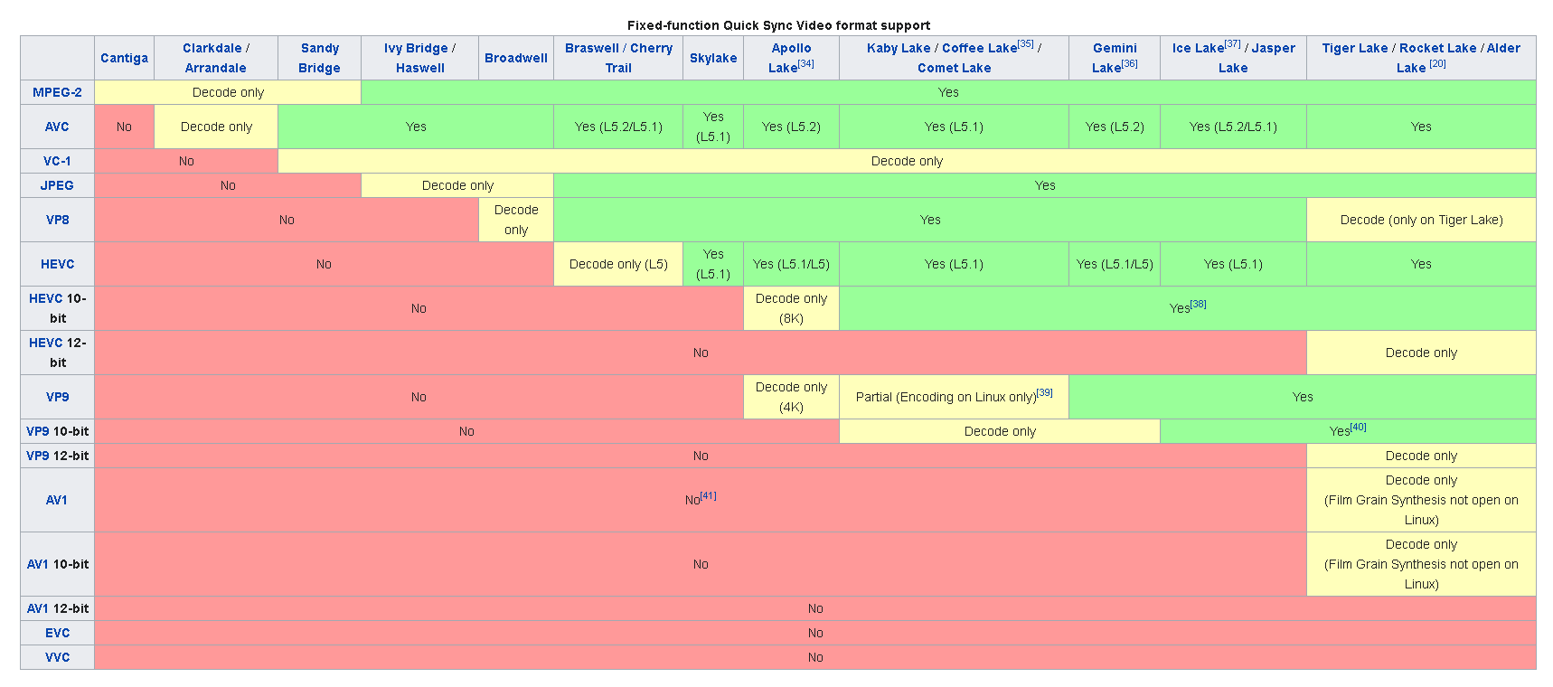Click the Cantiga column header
(x=124, y=58)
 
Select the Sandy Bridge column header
(x=319, y=58)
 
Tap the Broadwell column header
(x=515, y=58)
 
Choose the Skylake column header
(x=713, y=58)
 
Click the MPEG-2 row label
(x=57, y=92)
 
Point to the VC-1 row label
(x=57, y=161)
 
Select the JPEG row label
(x=57, y=185)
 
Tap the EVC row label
(x=57, y=633)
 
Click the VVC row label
(x=57, y=657)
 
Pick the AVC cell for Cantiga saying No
(x=124, y=127)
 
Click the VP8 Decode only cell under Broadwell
(x=516, y=220)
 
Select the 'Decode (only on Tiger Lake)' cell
(x=1421, y=220)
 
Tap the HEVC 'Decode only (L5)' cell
(x=618, y=264)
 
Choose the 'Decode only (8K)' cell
(x=791, y=308)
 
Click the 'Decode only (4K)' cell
(x=791, y=397)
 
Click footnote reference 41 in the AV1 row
(x=709, y=495)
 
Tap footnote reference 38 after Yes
(x=1199, y=305)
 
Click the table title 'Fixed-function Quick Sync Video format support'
(x=778, y=25)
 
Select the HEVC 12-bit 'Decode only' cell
(x=1421, y=353)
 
